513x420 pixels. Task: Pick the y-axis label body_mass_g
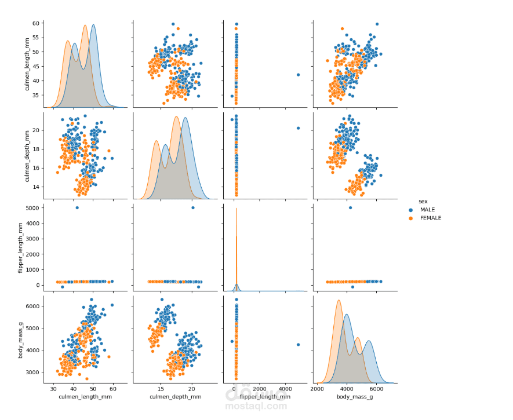[x=20, y=337]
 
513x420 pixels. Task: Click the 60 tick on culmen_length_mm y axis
[x=35, y=23]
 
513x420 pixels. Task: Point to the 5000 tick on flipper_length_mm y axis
[x=31, y=207]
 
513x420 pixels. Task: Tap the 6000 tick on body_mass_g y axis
[x=31, y=306]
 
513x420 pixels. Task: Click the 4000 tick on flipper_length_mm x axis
[x=285, y=388]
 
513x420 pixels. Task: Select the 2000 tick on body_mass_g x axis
[x=317, y=388]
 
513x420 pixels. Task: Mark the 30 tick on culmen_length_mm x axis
[x=54, y=388]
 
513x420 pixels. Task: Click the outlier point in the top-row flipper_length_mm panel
[x=298, y=75]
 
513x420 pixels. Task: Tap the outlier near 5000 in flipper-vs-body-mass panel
[x=350, y=207]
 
